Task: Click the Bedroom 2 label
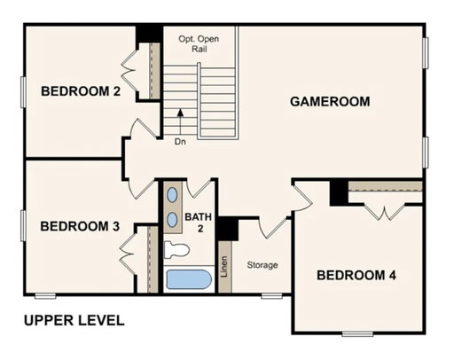click(x=81, y=91)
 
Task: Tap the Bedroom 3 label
click(x=80, y=226)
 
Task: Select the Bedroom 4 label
click(x=356, y=275)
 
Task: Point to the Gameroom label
click(x=330, y=102)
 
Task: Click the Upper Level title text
click(x=74, y=321)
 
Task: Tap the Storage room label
click(x=262, y=265)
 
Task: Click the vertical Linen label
click(x=224, y=267)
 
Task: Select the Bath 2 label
click(x=199, y=223)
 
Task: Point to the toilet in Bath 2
click(x=176, y=250)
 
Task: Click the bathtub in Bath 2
click(x=189, y=279)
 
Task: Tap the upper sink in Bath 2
click(x=172, y=195)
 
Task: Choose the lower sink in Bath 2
click(x=172, y=220)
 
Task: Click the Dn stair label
click(x=180, y=142)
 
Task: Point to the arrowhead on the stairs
click(x=180, y=112)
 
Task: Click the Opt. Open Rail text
click(x=199, y=43)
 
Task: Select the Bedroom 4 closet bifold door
click(x=384, y=212)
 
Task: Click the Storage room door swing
click(x=273, y=228)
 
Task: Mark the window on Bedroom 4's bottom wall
click(x=357, y=334)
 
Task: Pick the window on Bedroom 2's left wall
click(x=23, y=92)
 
